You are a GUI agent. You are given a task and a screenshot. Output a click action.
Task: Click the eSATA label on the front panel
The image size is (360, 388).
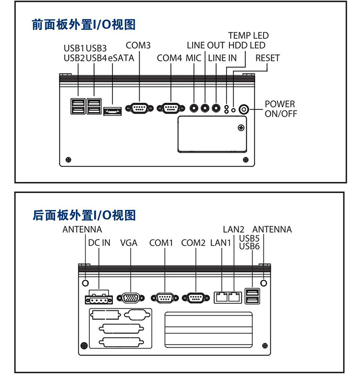[x=121, y=58]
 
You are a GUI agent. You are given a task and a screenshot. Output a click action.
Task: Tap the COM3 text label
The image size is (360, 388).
[x=138, y=46]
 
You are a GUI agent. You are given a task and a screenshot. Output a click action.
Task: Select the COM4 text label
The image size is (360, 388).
[x=169, y=58]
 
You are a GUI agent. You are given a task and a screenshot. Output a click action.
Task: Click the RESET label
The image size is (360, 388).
[x=267, y=58]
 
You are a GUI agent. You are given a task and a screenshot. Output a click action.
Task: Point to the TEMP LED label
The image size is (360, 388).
[x=248, y=35]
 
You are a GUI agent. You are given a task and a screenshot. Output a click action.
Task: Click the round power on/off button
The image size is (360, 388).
[x=244, y=109]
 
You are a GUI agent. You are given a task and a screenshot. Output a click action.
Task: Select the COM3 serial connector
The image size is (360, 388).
[x=139, y=108]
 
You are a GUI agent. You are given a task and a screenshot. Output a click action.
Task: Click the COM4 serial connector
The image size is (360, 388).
[x=170, y=108]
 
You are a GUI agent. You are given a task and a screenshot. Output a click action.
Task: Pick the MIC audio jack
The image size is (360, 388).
[x=194, y=108]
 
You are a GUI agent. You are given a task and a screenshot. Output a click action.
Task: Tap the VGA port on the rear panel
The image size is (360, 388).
[x=130, y=298]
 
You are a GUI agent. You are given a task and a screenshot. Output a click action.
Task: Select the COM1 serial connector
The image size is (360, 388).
[x=165, y=298]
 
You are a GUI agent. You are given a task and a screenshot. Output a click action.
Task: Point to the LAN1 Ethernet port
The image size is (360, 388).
[x=221, y=296]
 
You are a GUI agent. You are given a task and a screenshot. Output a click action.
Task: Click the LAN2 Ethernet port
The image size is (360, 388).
[x=234, y=296]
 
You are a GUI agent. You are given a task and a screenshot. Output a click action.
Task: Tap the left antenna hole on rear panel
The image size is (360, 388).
[x=85, y=282]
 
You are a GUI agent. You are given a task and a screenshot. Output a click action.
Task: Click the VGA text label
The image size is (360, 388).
[x=129, y=243]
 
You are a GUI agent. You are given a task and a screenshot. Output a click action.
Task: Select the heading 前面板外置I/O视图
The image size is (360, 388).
[x=84, y=24]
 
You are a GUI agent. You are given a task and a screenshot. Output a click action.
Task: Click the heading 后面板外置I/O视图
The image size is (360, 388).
[x=84, y=215]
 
